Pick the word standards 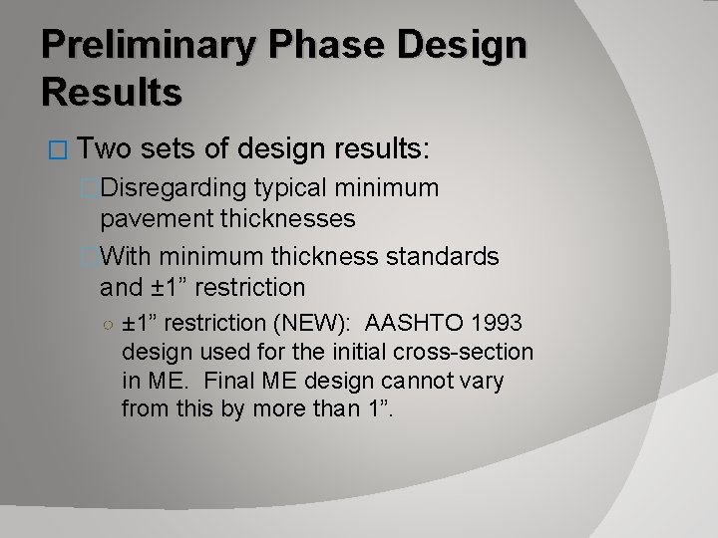[x=442, y=257]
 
